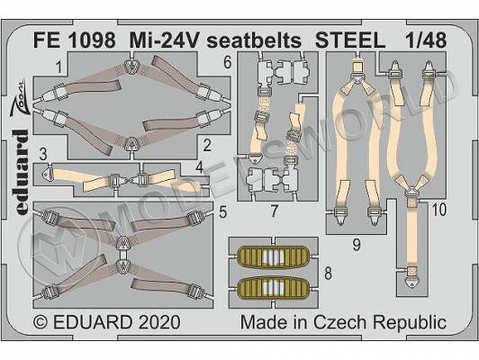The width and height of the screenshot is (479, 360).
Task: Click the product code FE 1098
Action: coord(75,40)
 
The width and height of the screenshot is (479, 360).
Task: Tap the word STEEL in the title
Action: coord(350,40)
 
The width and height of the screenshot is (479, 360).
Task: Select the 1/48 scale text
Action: coord(426,40)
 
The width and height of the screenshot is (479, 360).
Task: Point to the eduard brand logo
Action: coord(21,172)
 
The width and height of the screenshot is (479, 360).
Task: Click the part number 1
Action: coord(59,67)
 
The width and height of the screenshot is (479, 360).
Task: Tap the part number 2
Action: coord(207,146)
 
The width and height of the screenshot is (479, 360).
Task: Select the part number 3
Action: coord(43,154)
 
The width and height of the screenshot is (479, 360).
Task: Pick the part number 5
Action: coord(223,212)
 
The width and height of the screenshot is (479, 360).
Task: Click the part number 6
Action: coord(228,63)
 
